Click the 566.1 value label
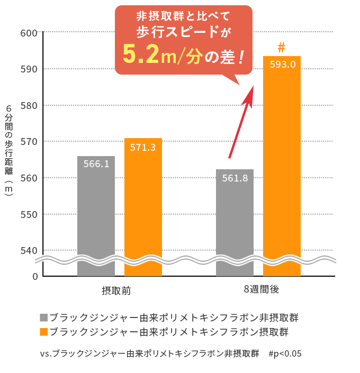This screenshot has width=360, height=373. (96, 164)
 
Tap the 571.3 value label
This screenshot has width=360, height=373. (143, 148)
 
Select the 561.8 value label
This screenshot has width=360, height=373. (235, 178)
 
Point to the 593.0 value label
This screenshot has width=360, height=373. (282, 65)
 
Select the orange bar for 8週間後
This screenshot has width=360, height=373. (282, 169)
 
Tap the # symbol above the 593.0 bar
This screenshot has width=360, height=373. (282, 48)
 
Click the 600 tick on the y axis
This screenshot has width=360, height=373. (28, 33)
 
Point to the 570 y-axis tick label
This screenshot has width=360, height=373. (28, 142)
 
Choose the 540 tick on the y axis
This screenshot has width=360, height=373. (28, 250)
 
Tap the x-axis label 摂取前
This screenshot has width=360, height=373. (116, 290)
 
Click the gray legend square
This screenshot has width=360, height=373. (43, 318)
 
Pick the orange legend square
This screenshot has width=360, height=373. (43, 332)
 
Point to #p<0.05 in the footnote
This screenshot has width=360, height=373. (285, 353)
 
